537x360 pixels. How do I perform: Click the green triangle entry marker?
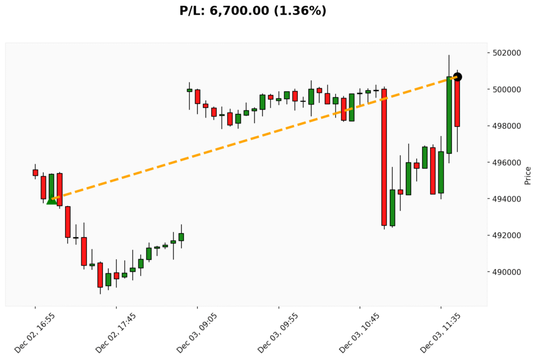(x=51, y=200)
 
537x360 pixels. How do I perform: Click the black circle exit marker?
(x=457, y=77)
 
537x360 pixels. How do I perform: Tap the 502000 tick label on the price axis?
(x=507, y=53)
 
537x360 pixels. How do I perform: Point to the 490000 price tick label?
(x=507, y=272)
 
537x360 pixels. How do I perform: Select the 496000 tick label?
(x=507, y=163)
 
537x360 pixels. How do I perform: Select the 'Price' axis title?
(x=528, y=175)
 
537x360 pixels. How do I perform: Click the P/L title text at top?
(x=253, y=10)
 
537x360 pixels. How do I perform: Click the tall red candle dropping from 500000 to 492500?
(x=384, y=157)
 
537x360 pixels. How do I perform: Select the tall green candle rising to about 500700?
(x=449, y=115)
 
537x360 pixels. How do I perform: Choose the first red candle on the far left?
(x=35, y=172)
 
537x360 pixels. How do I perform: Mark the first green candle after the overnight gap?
(x=189, y=90)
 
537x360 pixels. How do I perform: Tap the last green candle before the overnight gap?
(x=181, y=237)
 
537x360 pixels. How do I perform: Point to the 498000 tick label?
(x=507, y=126)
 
